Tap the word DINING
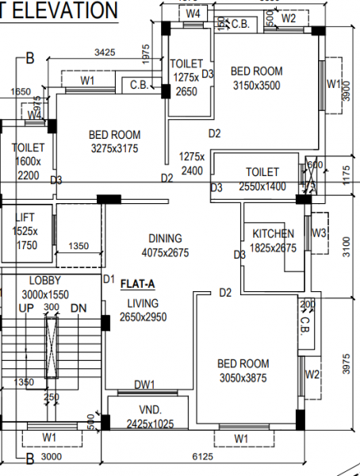pyautogui.click(x=165, y=238)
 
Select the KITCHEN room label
pyautogui.click(x=274, y=234)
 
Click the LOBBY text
pyautogui.click(x=44, y=281)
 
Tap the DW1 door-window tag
pyautogui.click(x=144, y=385)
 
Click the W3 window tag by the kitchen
pyautogui.click(x=319, y=232)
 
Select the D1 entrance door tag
pyautogui.click(x=109, y=279)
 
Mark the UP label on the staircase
pyautogui.click(x=26, y=307)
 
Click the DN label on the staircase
pyautogui.click(x=78, y=307)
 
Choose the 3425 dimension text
pyautogui.click(x=105, y=52)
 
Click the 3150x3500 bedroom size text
pyautogui.click(x=257, y=85)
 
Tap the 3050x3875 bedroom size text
pyautogui.click(x=243, y=378)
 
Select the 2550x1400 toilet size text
pyautogui.click(x=262, y=186)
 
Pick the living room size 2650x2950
pyautogui.click(x=144, y=317)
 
